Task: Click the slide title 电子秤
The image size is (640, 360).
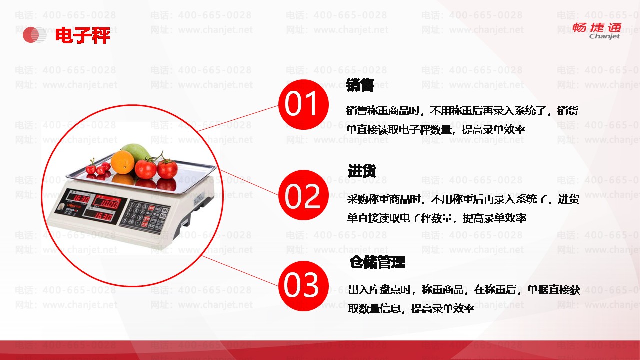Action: click(x=83, y=35)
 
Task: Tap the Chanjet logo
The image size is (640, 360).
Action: click(x=597, y=31)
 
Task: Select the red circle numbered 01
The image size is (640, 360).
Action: click(x=303, y=104)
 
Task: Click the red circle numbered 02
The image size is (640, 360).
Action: click(x=303, y=195)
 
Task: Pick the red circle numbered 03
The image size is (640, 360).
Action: click(x=303, y=286)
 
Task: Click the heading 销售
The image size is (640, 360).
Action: click(x=360, y=85)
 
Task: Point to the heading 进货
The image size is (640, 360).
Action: click(x=362, y=171)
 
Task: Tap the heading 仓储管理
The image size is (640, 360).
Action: click(x=377, y=262)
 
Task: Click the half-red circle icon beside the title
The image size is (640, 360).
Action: click(x=34, y=35)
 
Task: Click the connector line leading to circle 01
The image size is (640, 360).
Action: click(x=238, y=118)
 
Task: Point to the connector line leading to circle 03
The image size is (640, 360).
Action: click(x=240, y=271)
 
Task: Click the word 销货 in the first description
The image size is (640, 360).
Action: click(x=568, y=110)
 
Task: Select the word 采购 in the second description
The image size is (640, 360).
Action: click(x=358, y=199)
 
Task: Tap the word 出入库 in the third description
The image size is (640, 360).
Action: click(x=363, y=290)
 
